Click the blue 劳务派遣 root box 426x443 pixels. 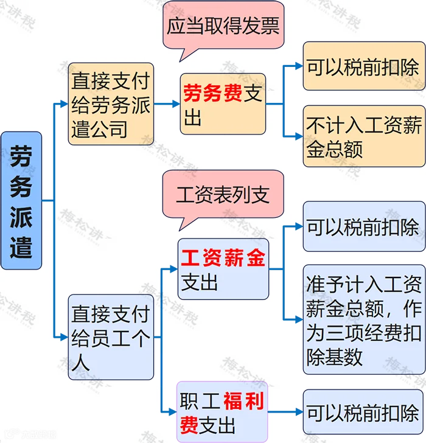pyautogui.click(x=21, y=200)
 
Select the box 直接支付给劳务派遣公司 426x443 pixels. pyautogui.click(x=110, y=104)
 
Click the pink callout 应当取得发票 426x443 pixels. pyautogui.click(x=223, y=26)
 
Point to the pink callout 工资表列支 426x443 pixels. pyautogui.click(x=223, y=195)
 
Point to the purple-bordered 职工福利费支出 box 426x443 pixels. pyautogui.click(x=222, y=412)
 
